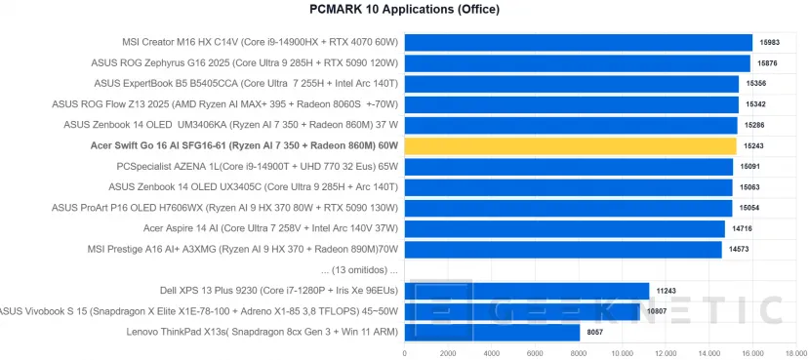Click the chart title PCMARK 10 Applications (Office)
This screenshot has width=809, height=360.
[404, 10]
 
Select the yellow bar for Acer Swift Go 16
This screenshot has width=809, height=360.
[570, 146]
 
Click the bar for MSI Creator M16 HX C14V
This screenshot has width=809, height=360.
[578, 42]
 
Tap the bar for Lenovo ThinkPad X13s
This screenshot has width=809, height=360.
[492, 332]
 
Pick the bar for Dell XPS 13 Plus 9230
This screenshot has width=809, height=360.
[526, 290]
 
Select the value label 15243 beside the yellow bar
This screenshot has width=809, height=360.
[753, 146]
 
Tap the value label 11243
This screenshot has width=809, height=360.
[667, 290]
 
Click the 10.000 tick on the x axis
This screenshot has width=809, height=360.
[622, 353]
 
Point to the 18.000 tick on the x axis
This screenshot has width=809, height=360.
[795, 353]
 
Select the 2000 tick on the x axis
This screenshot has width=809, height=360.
[448, 353]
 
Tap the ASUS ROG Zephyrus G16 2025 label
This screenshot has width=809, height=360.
[260, 62]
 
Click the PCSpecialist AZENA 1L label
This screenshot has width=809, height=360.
[258, 166]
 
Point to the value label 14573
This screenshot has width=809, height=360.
[739, 250]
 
